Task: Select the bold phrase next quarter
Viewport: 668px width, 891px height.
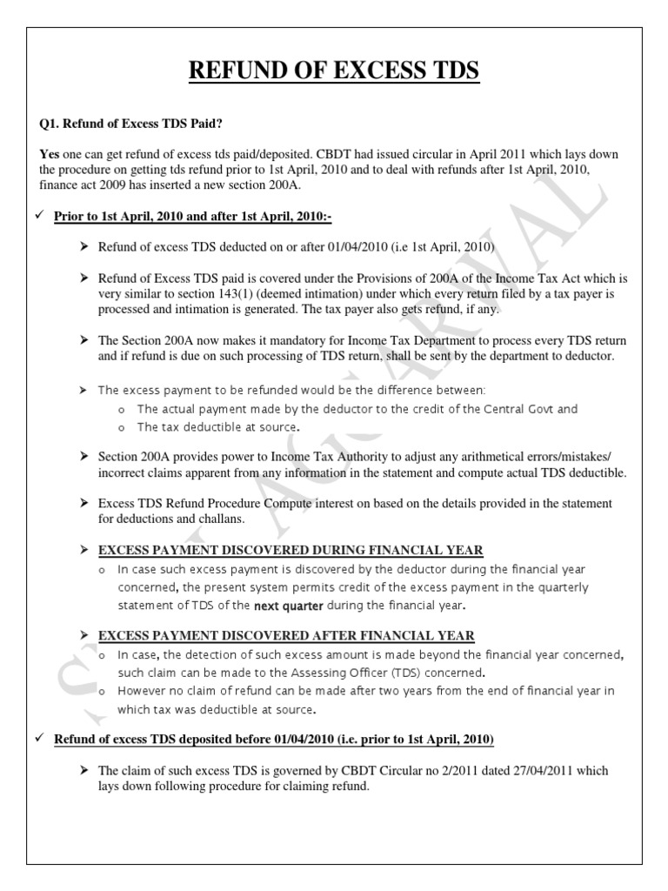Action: point(288,606)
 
